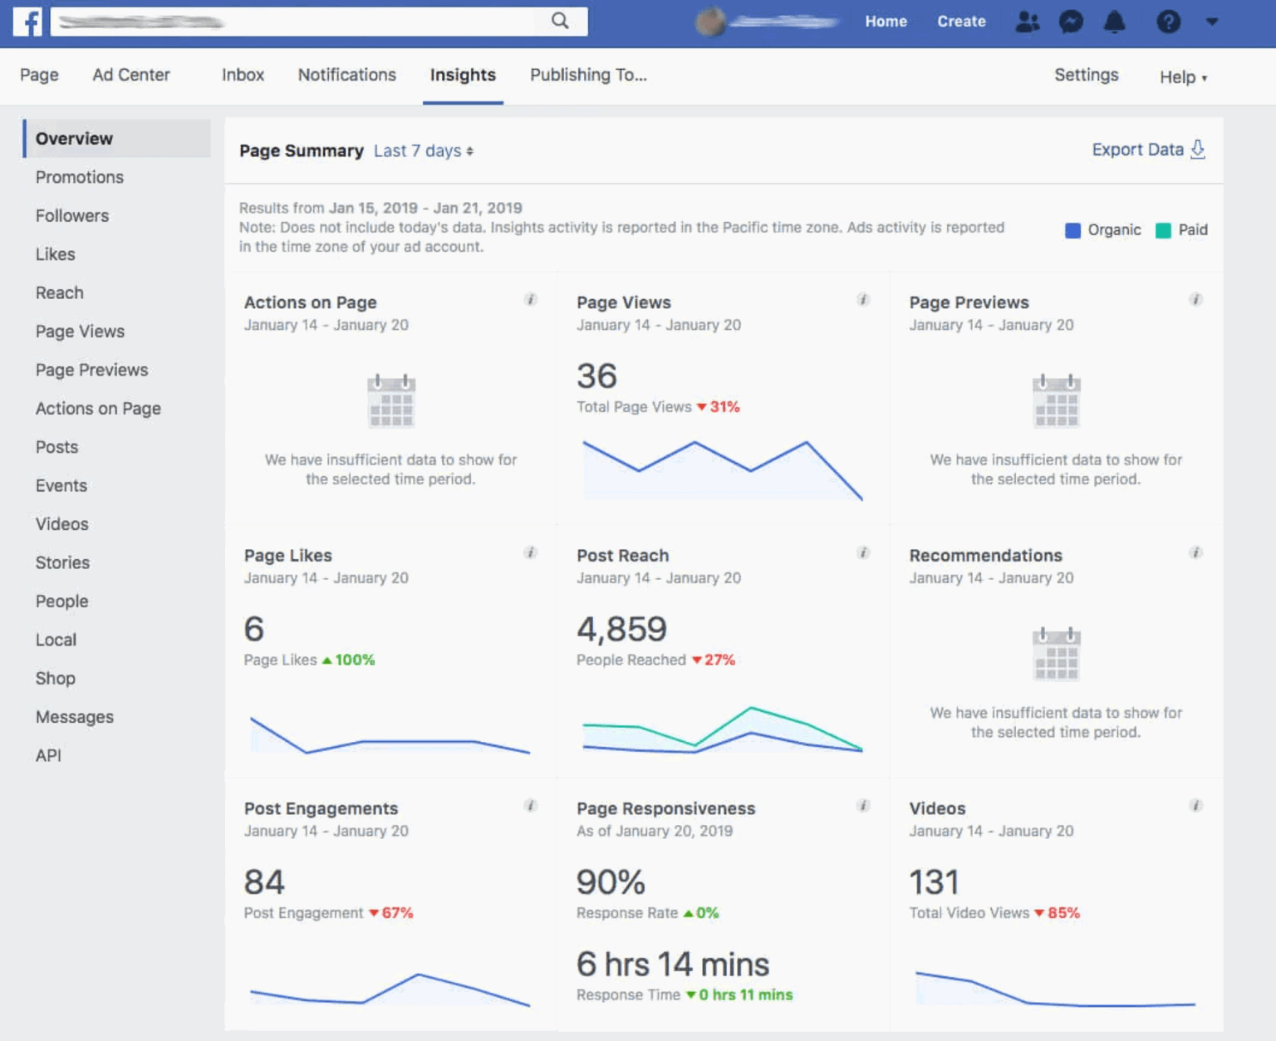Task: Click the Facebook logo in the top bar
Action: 27,22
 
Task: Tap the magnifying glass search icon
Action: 560,21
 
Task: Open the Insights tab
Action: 463,75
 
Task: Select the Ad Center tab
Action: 131,75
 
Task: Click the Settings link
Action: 1086,75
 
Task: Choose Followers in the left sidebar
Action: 72,216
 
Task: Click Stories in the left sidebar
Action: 62,562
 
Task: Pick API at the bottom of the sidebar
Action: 48,755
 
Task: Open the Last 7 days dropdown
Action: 423,151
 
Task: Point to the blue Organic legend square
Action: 1072,230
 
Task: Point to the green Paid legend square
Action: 1163,230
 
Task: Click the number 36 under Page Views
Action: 596,376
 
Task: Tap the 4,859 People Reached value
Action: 621,629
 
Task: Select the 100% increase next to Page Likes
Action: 354,660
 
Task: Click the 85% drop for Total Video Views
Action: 1063,913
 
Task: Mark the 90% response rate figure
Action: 611,882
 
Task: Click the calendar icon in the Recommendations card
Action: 1056,654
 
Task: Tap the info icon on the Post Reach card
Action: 863,552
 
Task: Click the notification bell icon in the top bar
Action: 1114,22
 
